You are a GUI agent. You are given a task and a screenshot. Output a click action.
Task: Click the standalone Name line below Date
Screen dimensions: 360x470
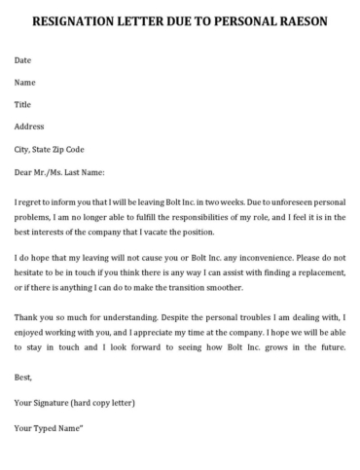tap(25, 83)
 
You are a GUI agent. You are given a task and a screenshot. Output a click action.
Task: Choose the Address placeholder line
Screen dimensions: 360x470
tap(30, 127)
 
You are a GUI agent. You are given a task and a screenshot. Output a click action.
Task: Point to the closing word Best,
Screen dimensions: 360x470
tap(23, 376)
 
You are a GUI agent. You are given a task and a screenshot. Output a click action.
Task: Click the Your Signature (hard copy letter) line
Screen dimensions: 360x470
tap(74, 402)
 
